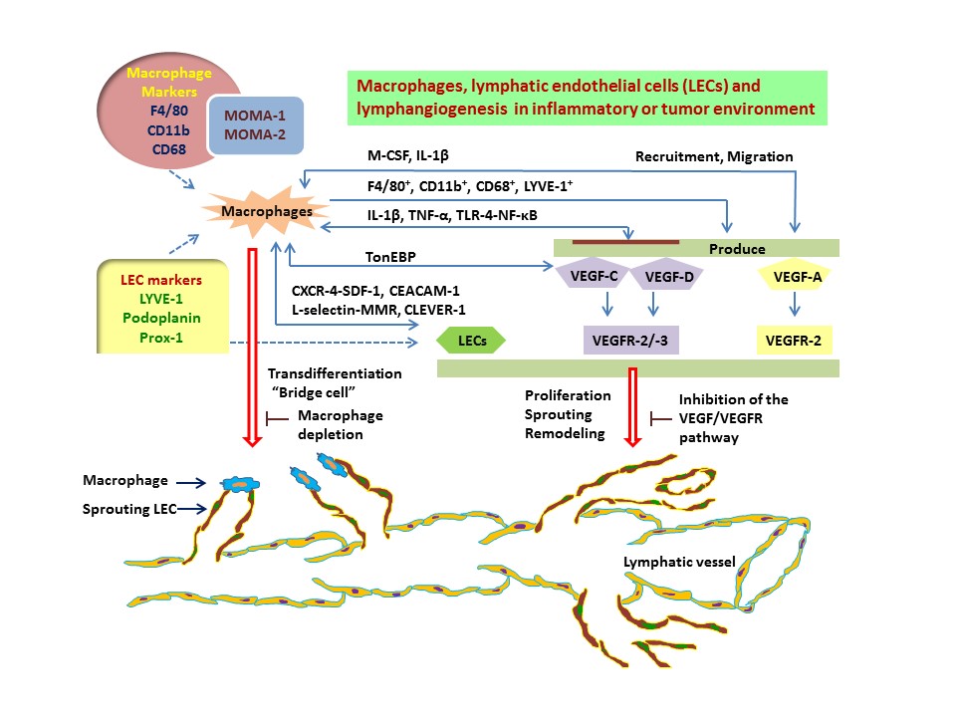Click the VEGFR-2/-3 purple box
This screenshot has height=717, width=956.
629,341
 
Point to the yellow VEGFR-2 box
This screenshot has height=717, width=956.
794,341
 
